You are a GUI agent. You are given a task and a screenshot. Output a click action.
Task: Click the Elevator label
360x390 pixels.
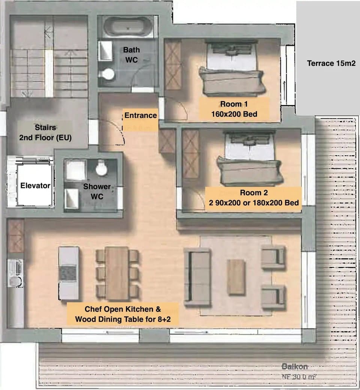pyautogui.click(x=35, y=185)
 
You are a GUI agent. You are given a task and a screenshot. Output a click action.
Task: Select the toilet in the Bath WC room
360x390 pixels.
pyautogui.click(x=108, y=74)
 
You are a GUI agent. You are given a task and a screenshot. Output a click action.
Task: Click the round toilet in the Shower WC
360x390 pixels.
pyautogui.click(x=101, y=168)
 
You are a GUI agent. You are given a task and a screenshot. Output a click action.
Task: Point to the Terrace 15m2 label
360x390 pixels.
pyautogui.click(x=331, y=63)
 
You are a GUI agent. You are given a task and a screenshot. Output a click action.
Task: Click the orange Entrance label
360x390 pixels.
pyautogui.click(x=140, y=115)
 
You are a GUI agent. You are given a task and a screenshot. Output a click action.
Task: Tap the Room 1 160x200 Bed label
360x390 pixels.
pyautogui.click(x=234, y=109)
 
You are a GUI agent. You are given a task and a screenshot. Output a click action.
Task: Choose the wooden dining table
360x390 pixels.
pyautogui.click(x=117, y=273)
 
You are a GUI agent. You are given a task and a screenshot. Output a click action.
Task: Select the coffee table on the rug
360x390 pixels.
pyautogui.click(x=236, y=277)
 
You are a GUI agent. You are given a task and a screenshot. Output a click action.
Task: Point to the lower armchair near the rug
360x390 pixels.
pyautogui.click(x=273, y=296)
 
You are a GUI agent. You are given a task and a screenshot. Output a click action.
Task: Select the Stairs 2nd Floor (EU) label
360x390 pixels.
pyautogui.click(x=45, y=132)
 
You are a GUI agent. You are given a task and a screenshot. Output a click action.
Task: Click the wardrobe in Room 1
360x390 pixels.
pyautogui.click(x=173, y=65)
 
